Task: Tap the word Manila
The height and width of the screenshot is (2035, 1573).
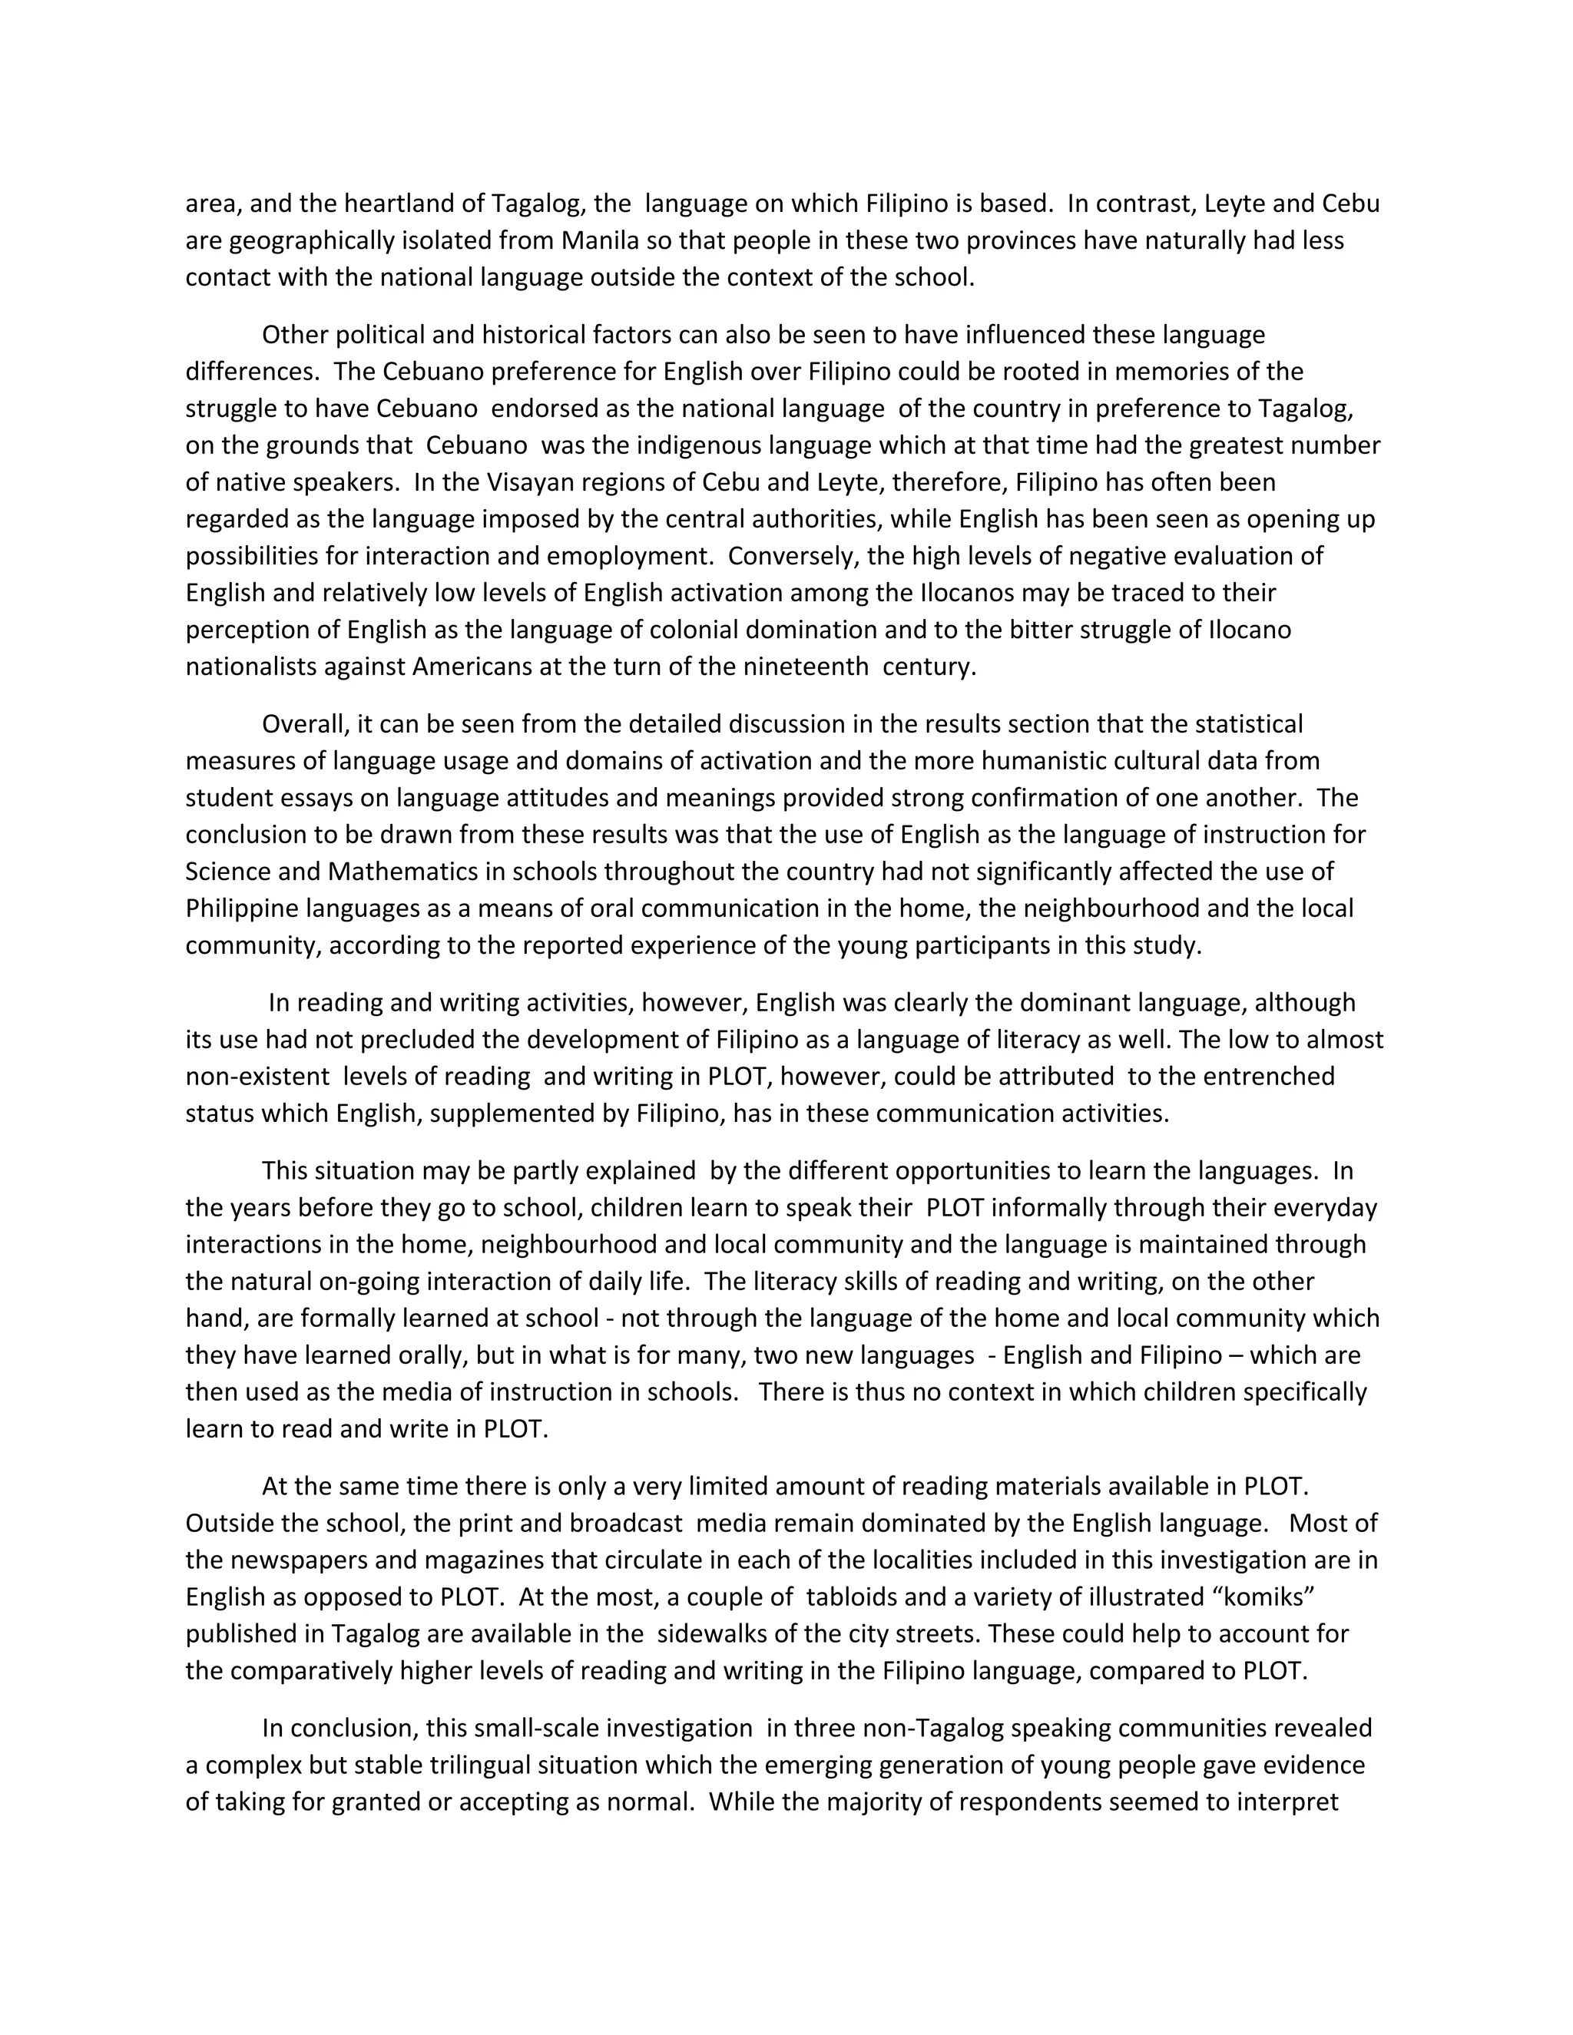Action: (600, 240)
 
